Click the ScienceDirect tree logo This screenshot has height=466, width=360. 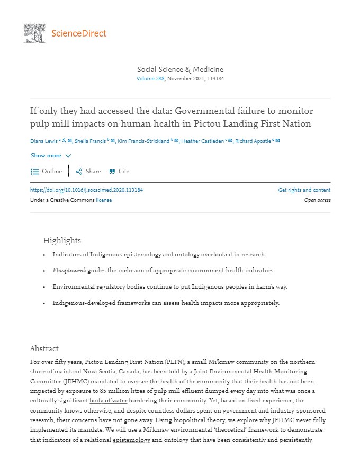coord(34,33)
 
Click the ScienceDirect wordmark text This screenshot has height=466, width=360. coord(79,33)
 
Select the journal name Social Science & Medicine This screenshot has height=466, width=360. coord(180,69)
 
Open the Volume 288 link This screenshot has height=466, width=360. coord(150,79)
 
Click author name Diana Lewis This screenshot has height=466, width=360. coord(44,141)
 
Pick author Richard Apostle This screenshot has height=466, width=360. coord(253,141)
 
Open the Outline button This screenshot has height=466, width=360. coord(47,172)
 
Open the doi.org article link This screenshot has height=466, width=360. coord(86,190)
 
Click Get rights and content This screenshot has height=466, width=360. coord(304,190)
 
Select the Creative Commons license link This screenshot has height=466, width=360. coord(104,200)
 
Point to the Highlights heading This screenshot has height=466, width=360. coord(62,240)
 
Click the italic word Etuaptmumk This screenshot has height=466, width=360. coord(69,271)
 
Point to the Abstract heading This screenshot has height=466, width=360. coord(44,348)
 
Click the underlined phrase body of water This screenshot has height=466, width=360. coord(105,400)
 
